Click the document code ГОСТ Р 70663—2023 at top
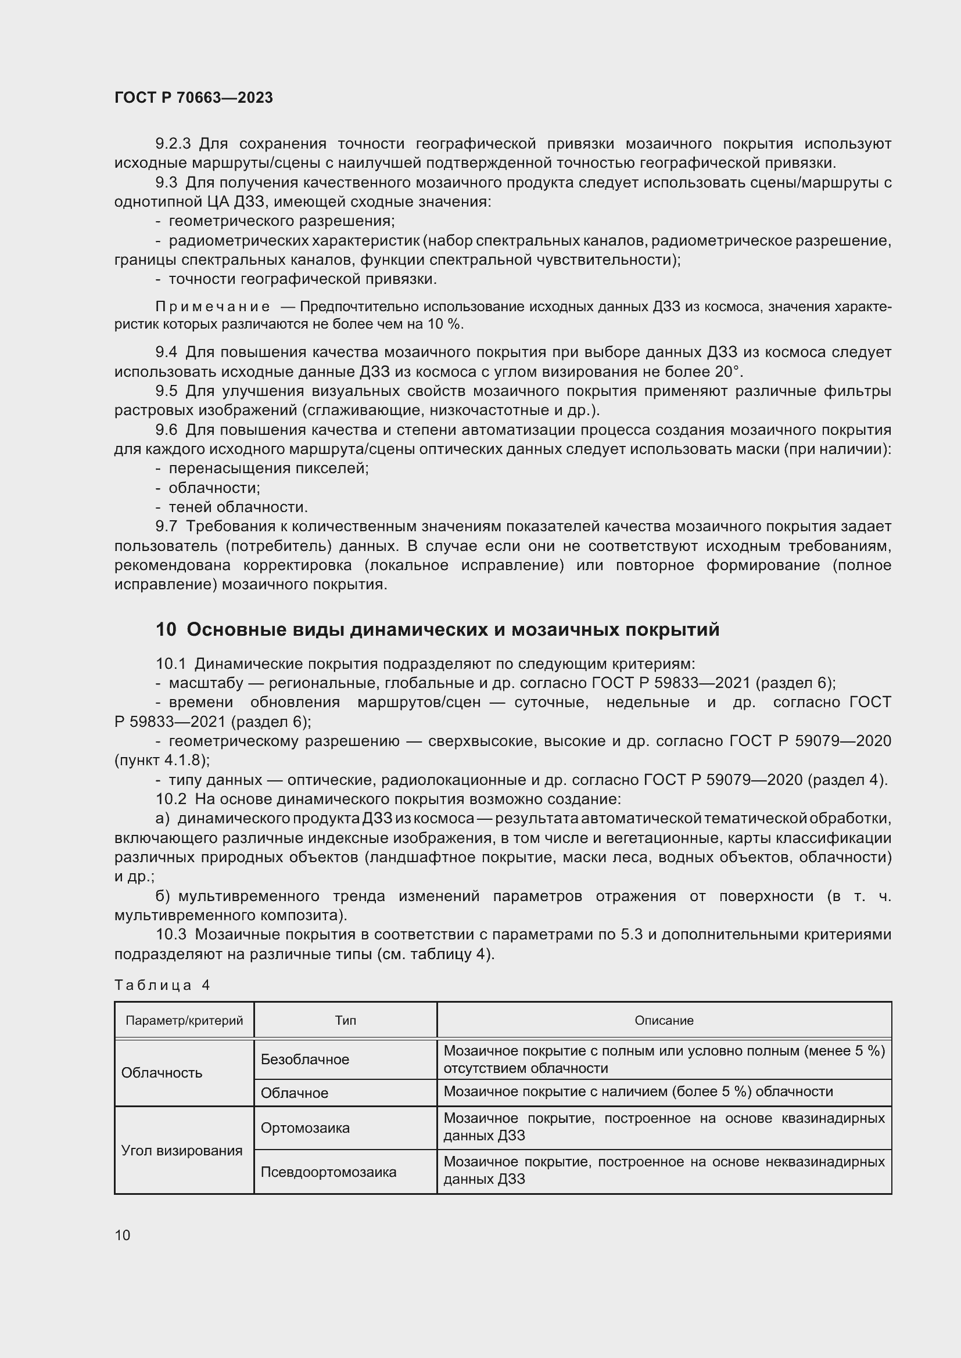(x=193, y=98)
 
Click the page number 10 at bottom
(x=123, y=1235)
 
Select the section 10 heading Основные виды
(x=438, y=630)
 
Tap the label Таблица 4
(x=162, y=985)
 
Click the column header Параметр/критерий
(x=184, y=1020)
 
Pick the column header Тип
(x=345, y=1020)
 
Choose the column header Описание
(x=664, y=1020)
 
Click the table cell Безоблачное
(x=305, y=1060)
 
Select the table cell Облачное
(x=294, y=1093)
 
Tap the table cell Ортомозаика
(x=305, y=1128)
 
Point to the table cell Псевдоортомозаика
(x=328, y=1172)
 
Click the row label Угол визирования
(x=182, y=1150)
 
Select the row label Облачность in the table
(x=162, y=1073)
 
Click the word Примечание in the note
(x=213, y=307)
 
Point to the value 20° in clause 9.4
(x=727, y=372)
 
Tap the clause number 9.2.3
(x=173, y=144)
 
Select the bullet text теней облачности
(x=238, y=507)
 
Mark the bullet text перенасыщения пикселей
(x=268, y=469)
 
